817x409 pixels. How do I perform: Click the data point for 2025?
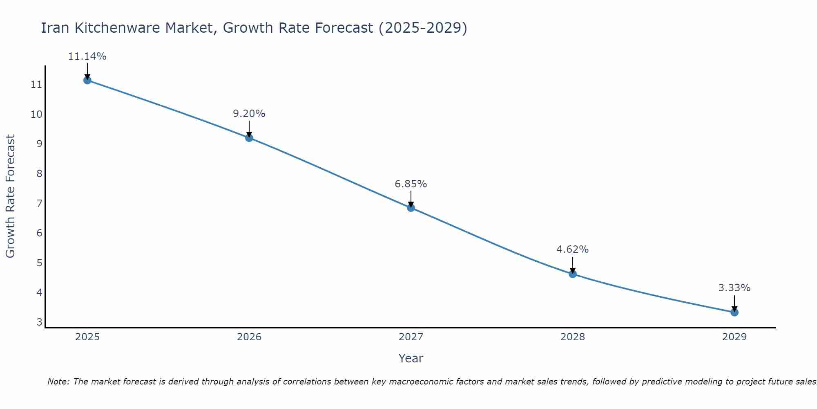(x=87, y=80)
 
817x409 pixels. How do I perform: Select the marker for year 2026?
(x=249, y=138)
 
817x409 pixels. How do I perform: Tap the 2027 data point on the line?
(x=411, y=208)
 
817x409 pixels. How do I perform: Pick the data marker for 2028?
(x=572, y=274)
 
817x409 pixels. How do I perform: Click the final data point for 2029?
(x=734, y=312)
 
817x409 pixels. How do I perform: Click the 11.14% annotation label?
(x=87, y=56)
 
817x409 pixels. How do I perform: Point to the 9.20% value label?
(x=249, y=114)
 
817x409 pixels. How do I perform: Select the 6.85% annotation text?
(x=411, y=184)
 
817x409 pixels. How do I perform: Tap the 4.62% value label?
(x=572, y=249)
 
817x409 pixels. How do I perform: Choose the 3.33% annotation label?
(x=734, y=288)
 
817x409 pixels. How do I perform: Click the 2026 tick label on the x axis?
(x=249, y=337)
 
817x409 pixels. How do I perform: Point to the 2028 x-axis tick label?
(x=572, y=337)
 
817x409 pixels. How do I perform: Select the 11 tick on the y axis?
(x=36, y=85)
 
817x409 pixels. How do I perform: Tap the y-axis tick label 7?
(x=39, y=203)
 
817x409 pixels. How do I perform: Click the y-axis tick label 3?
(x=39, y=322)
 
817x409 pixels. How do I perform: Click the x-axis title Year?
(x=411, y=358)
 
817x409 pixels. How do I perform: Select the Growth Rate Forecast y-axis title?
(x=10, y=196)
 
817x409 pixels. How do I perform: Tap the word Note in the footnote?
(x=58, y=382)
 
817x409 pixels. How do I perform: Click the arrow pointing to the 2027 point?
(x=411, y=198)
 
